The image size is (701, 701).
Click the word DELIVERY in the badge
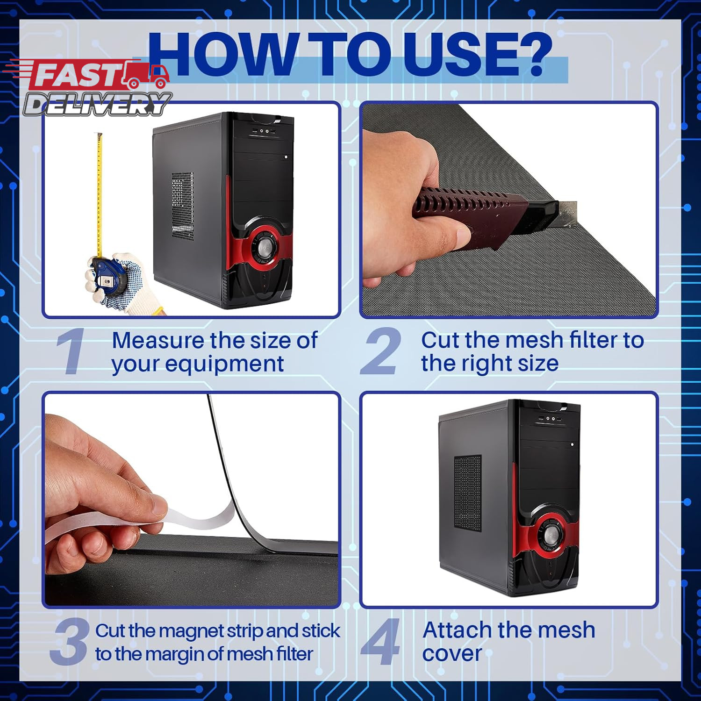click(x=98, y=104)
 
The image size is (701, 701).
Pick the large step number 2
click(x=380, y=351)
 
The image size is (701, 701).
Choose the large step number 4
click(x=380, y=641)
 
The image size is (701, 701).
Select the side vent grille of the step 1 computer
click(x=182, y=206)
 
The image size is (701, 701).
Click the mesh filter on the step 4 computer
click(x=467, y=493)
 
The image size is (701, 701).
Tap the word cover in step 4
click(x=452, y=653)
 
